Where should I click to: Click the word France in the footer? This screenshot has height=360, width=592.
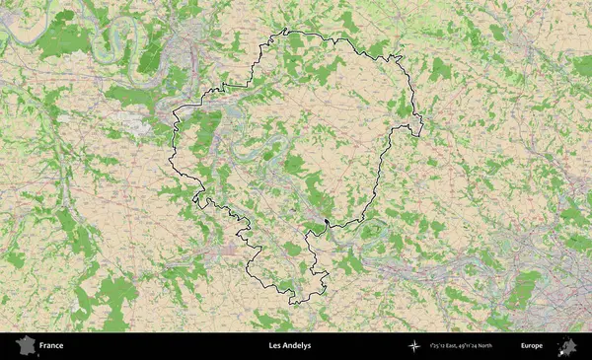pyautogui.click(x=51, y=346)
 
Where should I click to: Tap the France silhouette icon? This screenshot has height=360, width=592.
pyautogui.click(x=26, y=346)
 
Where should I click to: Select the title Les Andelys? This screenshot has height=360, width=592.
pyautogui.click(x=289, y=346)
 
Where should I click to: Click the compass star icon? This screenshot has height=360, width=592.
pyautogui.click(x=415, y=346)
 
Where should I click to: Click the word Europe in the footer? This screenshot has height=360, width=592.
pyautogui.click(x=532, y=346)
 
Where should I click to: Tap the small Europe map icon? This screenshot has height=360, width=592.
pyautogui.click(x=567, y=346)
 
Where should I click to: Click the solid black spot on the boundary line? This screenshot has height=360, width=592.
pyautogui.click(x=326, y=220)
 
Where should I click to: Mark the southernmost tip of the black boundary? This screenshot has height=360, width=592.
pyautogui.click(x=293, y=303)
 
